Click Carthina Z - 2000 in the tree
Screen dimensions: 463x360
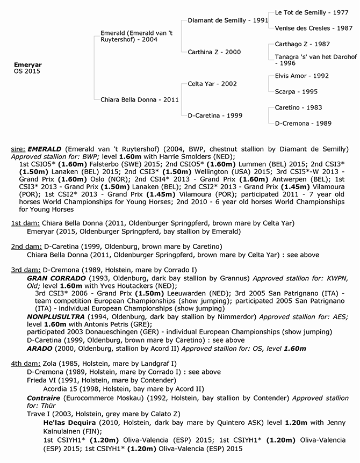(214, 52)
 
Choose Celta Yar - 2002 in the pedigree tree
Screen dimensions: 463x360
(212, 84)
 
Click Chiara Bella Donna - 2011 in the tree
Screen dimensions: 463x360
(140, 99)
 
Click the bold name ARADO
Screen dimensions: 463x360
(39, 348)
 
